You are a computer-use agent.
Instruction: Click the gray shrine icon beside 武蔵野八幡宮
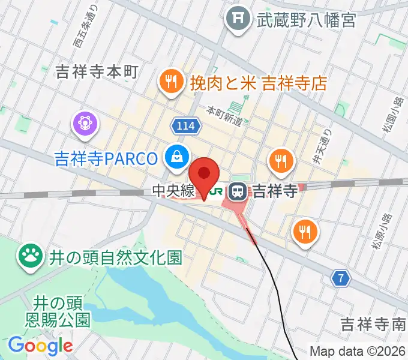pos(238,19)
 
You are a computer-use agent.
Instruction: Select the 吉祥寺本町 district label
pos(97,73)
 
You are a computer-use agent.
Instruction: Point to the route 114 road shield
pos(185,126)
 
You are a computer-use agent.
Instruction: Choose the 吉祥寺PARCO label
pos(106,158)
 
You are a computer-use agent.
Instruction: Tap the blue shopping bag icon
pos(177,157)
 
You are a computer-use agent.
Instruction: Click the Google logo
pos(40,346)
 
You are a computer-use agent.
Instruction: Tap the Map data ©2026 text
pos(356,351)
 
